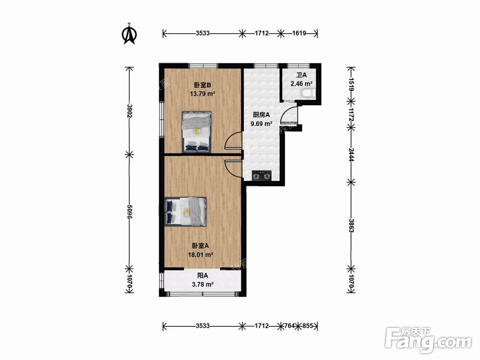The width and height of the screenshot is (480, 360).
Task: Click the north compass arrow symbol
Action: (129, 34)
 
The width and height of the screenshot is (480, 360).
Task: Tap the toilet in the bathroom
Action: (307, 93)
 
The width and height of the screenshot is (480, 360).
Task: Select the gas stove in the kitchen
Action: (262, 176)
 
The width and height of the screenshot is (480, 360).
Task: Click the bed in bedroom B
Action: (196, 132)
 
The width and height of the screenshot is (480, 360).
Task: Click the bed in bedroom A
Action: (185, 212)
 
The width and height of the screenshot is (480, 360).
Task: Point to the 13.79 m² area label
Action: (203, 94)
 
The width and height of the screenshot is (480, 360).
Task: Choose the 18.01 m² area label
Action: (201, 254)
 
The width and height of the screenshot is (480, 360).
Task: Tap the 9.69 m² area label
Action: (262, 124)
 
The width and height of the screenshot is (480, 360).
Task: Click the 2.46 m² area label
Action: (301, 83)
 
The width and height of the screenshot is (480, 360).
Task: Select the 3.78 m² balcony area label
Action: (203, 284)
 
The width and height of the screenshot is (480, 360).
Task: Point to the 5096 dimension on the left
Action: (130, 212)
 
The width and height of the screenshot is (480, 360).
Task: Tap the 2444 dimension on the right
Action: (351, 155)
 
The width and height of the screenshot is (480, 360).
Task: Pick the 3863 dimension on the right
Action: (351, 226)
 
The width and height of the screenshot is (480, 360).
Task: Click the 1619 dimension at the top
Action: (299, 33)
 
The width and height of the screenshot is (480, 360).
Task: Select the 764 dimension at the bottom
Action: (289, 326)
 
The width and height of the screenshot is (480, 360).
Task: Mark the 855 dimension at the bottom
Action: (308, 326)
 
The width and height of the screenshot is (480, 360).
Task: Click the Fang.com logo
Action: (428, 340)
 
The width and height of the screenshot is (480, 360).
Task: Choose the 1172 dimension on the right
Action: (351, 114)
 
